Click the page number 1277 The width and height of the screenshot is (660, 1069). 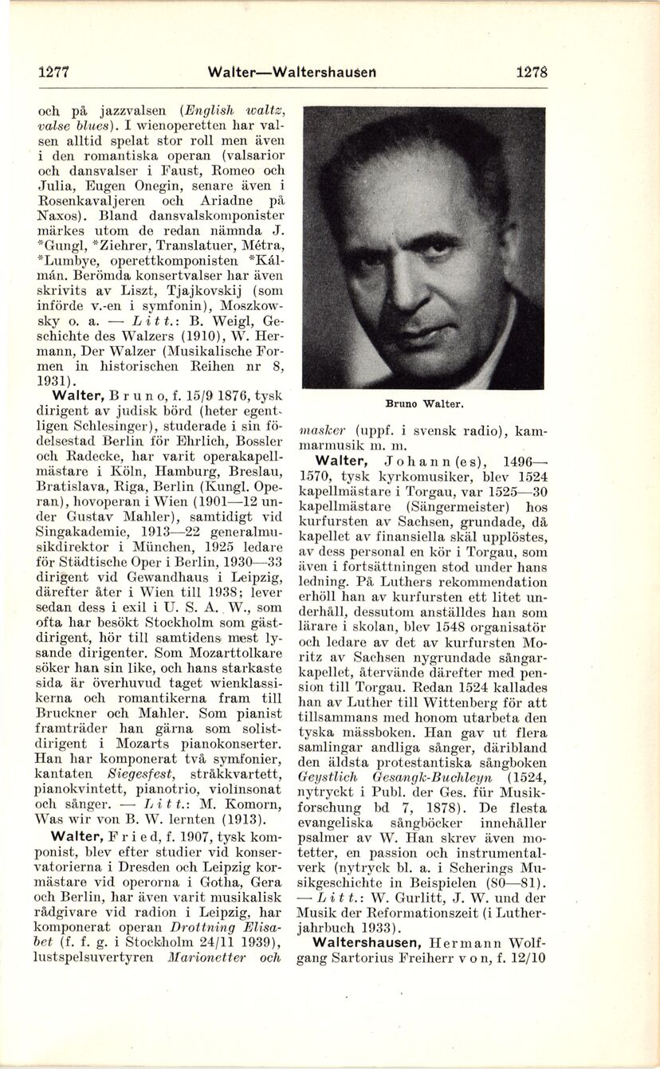(54, 72)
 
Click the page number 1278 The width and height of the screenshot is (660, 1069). (531, 71)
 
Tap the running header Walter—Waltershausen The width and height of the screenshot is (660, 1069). (291, 72)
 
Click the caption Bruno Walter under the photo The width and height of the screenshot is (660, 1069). (423, 404)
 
